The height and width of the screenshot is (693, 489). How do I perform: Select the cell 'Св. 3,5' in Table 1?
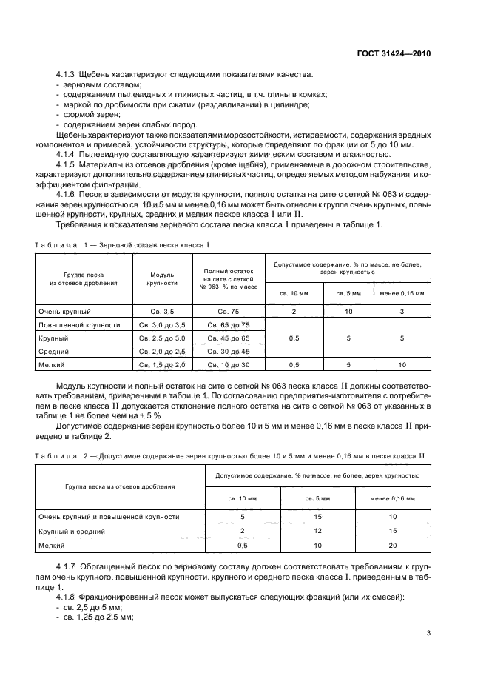[x=162, y=312]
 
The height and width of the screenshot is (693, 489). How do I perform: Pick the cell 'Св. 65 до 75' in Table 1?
[x=229, y=325]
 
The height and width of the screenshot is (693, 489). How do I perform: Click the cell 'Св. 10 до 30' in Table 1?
[x=229, y=365]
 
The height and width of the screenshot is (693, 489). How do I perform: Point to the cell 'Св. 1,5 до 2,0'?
[x=162, y=365]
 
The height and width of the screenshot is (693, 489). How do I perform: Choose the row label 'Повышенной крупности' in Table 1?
[x=79, y=325]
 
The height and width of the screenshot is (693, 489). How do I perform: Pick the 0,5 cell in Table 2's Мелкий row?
[x=243, y=546]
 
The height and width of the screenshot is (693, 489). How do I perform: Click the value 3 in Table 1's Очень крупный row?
[x=402, y=312]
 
